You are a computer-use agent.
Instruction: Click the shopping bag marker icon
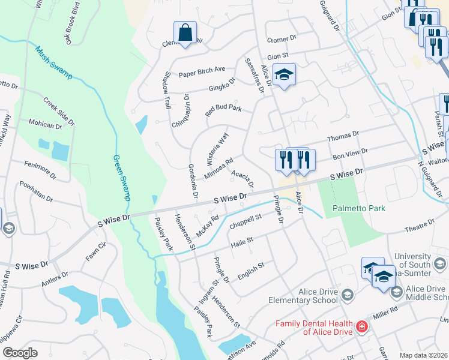pos(186,33)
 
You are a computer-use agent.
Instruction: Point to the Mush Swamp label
pos(53,63)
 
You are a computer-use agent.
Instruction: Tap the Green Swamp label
pos(122,178)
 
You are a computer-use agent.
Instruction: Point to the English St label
pos(251,268)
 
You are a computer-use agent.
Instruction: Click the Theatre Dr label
pos(419,226)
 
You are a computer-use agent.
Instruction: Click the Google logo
pos(20,353)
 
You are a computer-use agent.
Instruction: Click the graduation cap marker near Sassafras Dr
pos(285,75)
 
